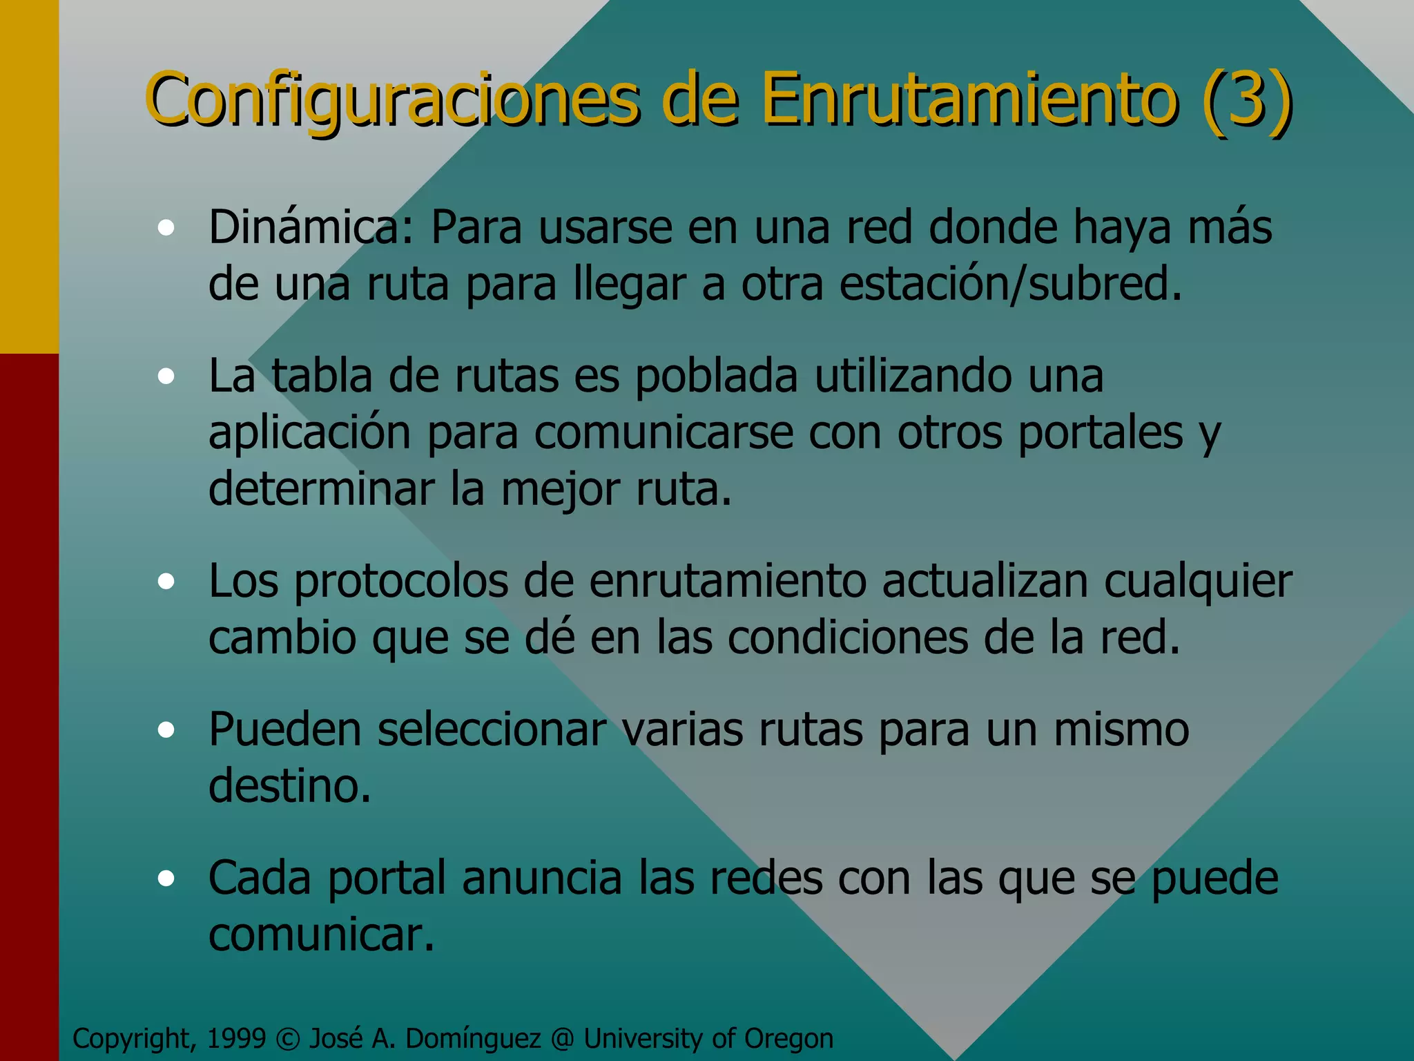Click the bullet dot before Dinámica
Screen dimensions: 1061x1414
[166, 228]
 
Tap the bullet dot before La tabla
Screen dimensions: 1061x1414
[166, 376]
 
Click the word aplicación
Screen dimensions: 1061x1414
[309, 434]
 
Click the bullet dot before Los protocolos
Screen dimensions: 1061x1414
[166, 582]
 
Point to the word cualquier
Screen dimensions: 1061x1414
[1198, 582]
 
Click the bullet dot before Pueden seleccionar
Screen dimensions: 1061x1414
[166, 730]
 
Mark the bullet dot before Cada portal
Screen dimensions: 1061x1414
[166, 879]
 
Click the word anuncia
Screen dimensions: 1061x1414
[542, 879]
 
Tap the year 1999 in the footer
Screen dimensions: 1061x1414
[236, 1039]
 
